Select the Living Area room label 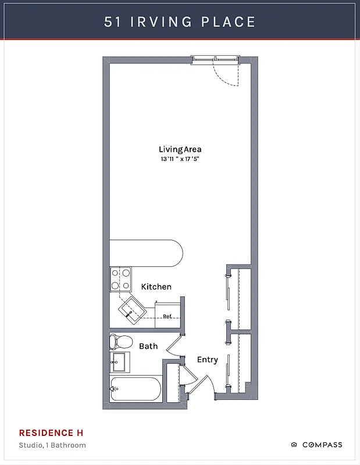coord(180,149)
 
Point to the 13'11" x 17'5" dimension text coord(180,159)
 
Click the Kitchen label coord(156,287)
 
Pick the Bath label coord(148,346)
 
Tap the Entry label coord(207,360)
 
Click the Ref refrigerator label coord(167,316)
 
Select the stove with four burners coord(121,279)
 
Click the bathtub coord(135,389)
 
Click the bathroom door coord(174,346)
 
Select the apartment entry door coord(201,387)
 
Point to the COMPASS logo coord(316,445)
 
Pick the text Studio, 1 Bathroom coord(52,445)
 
